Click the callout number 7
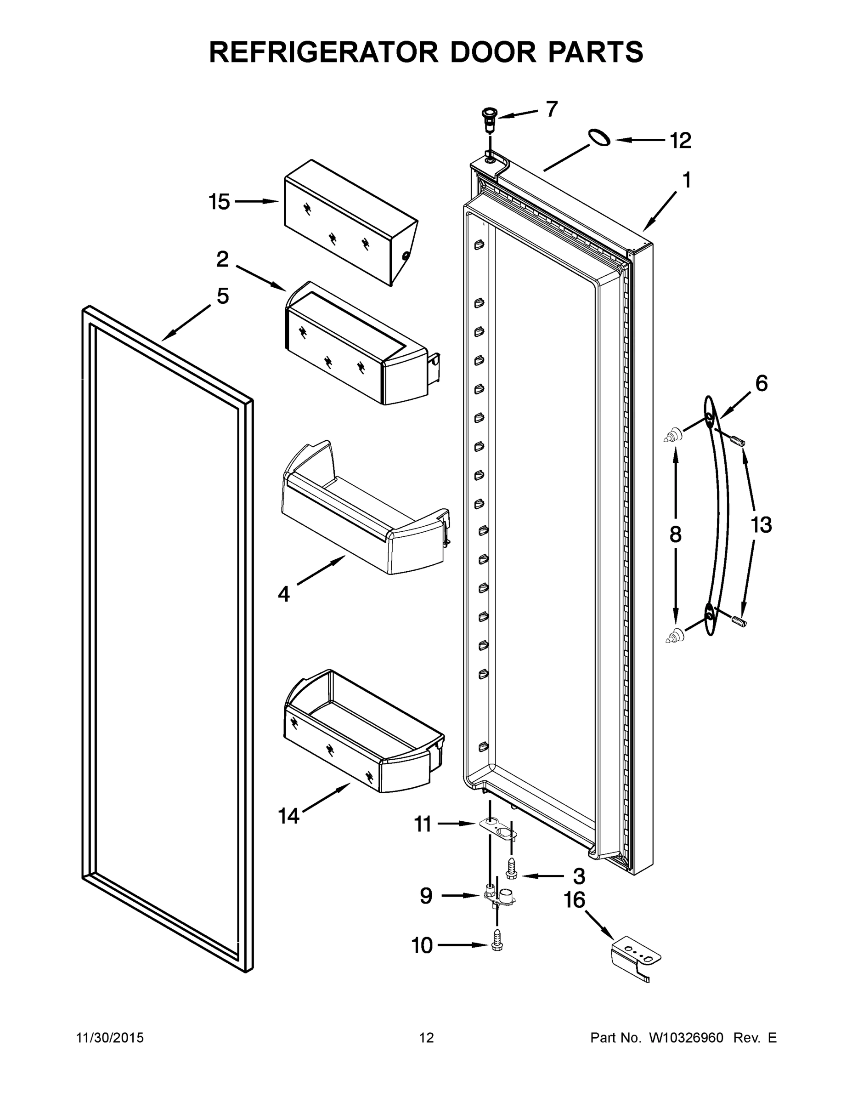552,109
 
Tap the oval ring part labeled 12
598,137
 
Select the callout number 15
219,202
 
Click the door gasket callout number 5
223,296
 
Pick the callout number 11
423,825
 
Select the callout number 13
761,525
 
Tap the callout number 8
675,534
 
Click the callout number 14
289,816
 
